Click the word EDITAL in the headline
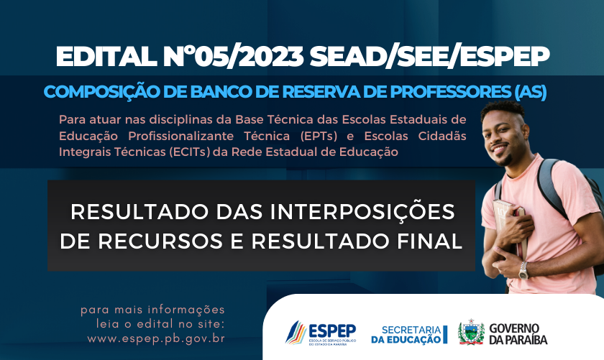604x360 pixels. (106, 57)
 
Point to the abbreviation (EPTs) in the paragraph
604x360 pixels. (319, 136)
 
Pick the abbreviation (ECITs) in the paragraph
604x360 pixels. (190, 152)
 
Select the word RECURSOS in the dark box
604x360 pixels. (160, 241)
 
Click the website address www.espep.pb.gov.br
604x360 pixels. (156, 339)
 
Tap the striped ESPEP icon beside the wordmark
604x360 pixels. (296, 332)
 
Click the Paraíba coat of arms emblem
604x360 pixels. (471, 332)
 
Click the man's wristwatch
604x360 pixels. (523, 270)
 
